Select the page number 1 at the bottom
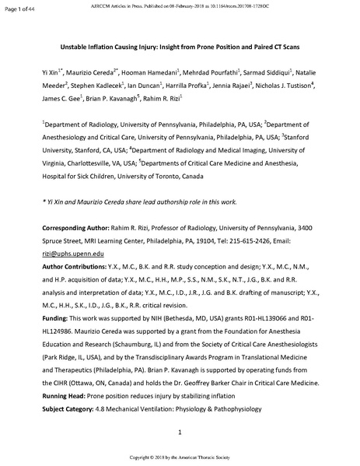tap(180, 431)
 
